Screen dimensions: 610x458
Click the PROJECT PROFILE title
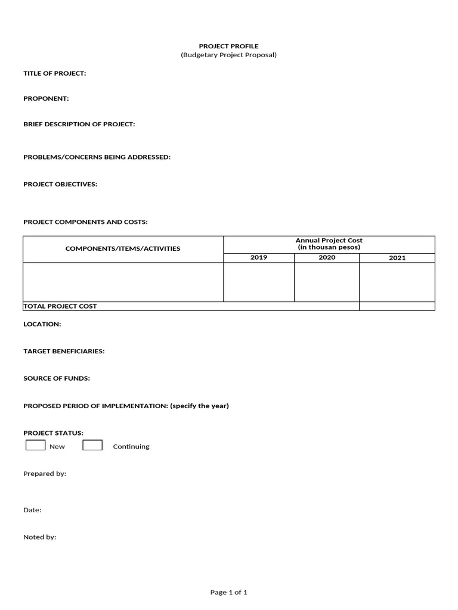[228, 46]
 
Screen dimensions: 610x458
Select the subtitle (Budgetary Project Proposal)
[228, 55]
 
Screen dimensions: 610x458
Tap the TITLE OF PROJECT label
[54, 73]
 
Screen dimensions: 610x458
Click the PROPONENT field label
[46, 98]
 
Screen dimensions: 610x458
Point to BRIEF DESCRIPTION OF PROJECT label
[79, 124]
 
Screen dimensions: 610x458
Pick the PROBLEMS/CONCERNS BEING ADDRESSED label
[97, 157]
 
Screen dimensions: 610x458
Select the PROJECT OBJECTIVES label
[60, 184]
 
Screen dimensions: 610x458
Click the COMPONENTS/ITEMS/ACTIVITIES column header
[123, 248]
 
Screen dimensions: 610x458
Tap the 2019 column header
[259, 257]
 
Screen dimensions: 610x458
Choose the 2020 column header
[327, 257]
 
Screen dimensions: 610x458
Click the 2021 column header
[397, 258]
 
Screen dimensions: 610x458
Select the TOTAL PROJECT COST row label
[60, 306]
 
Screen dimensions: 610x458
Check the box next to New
[35, 445]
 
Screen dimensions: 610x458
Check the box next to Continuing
[92, 445]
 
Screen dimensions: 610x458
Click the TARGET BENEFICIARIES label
[64, 351]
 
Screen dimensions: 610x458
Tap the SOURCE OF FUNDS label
[57, 378]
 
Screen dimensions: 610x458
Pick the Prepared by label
[45, 474]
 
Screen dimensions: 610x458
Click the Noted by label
[39, 537]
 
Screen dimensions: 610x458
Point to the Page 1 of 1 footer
[228, 592]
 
